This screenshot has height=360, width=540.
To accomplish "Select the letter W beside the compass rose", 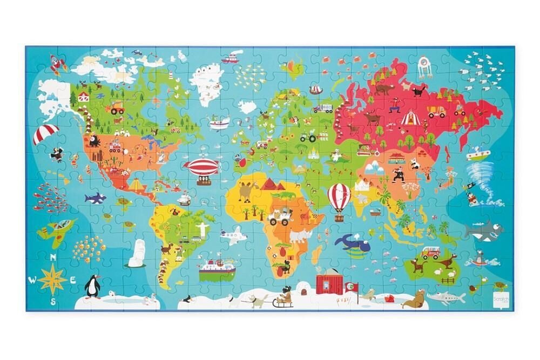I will (x=32, y=279).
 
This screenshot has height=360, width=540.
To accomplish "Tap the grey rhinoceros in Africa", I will (x=298, y=235).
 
